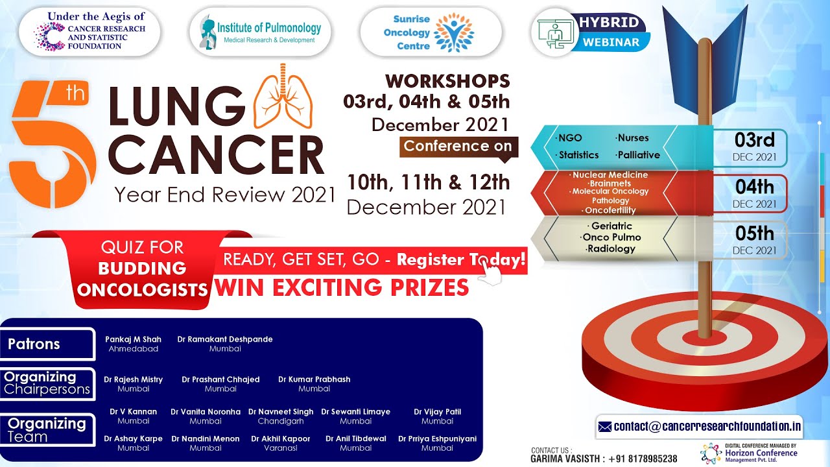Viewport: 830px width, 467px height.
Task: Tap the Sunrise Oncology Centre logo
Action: click(x=431, y=32)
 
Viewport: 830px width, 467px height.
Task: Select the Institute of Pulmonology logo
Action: click(x=260, y=32)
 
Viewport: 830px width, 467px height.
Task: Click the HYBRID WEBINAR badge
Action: click(x=591, y=32)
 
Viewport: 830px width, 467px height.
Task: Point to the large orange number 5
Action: click(x=52, y=145)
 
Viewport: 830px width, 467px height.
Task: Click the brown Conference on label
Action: click(x=458, y=147)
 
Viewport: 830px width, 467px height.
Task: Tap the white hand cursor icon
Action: click(x=490, y=272)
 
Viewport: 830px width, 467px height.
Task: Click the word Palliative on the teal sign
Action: click(x=639, y=155)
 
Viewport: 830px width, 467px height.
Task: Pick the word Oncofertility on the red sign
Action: click(x=610, y=211)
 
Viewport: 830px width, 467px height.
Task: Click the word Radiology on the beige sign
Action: click(x=611, y=248)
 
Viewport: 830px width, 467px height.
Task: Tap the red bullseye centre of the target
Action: click(x=704, y=337)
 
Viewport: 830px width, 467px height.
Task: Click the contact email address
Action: click(x=707, y=427)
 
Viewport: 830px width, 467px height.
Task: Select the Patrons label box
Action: click(x=47, y=344)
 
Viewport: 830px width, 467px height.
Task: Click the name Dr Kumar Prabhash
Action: click(x=314, y=379)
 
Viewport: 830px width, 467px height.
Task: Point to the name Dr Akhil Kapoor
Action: click(x=281, y=439)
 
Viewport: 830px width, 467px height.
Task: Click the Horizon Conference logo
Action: click(x=748, y=453)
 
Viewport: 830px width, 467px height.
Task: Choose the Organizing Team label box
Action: click(x=47, y=430)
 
